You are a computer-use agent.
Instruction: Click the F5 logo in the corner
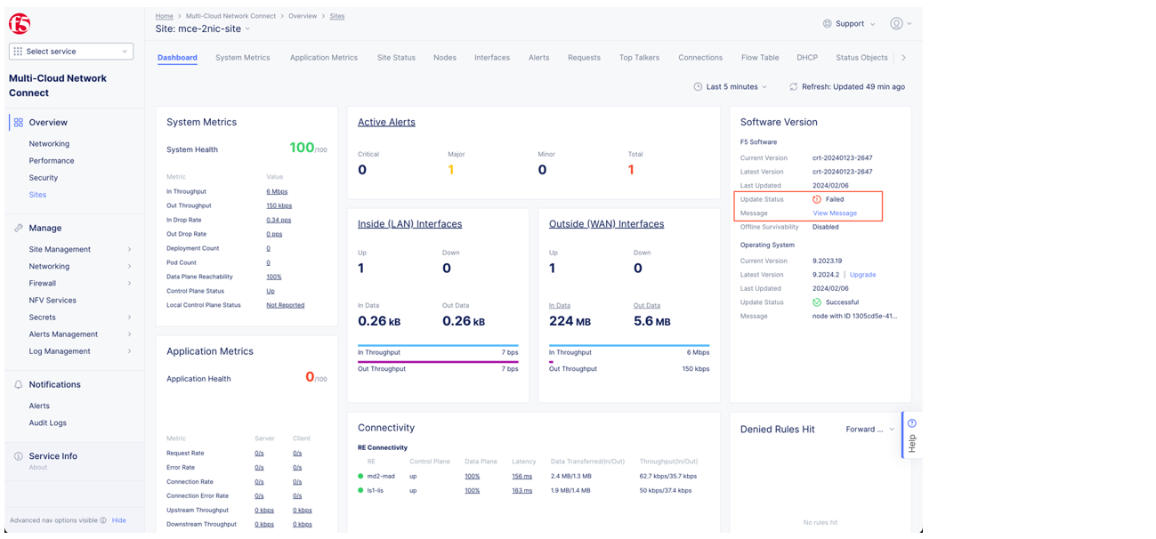[x=19, y=24]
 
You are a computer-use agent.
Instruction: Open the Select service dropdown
[x=71, y=52]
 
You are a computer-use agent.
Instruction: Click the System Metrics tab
[x=242, y=58]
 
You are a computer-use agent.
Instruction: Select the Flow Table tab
[x=759, y=58]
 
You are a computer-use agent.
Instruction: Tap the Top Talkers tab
[x=639, y=58]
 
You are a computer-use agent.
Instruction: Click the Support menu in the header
[x=849, y=24]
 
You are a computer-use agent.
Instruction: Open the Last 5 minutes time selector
[x=730, y=87]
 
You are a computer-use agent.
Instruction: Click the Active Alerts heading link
[x=386, y=123]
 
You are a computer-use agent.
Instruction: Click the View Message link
[x=834, y=213]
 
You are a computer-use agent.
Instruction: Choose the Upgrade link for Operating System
[x=862, y=275]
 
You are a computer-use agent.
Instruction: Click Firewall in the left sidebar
[x=43, y=284]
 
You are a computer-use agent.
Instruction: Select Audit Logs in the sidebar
[x=47, y=423]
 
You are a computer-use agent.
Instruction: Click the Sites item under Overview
[x=37, y=195]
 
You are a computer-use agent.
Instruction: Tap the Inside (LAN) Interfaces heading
[x=409, y=224]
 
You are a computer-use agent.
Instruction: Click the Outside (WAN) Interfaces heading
[x=606, y=224]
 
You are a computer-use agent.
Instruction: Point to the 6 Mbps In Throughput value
[x=276, y=192]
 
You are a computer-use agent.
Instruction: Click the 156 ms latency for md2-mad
[x=521, y=477]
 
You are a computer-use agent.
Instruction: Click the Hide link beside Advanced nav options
[x=118, y=520]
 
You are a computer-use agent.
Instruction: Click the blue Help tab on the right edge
[x=910, y=435]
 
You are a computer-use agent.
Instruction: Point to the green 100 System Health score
[x=302, y=148]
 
